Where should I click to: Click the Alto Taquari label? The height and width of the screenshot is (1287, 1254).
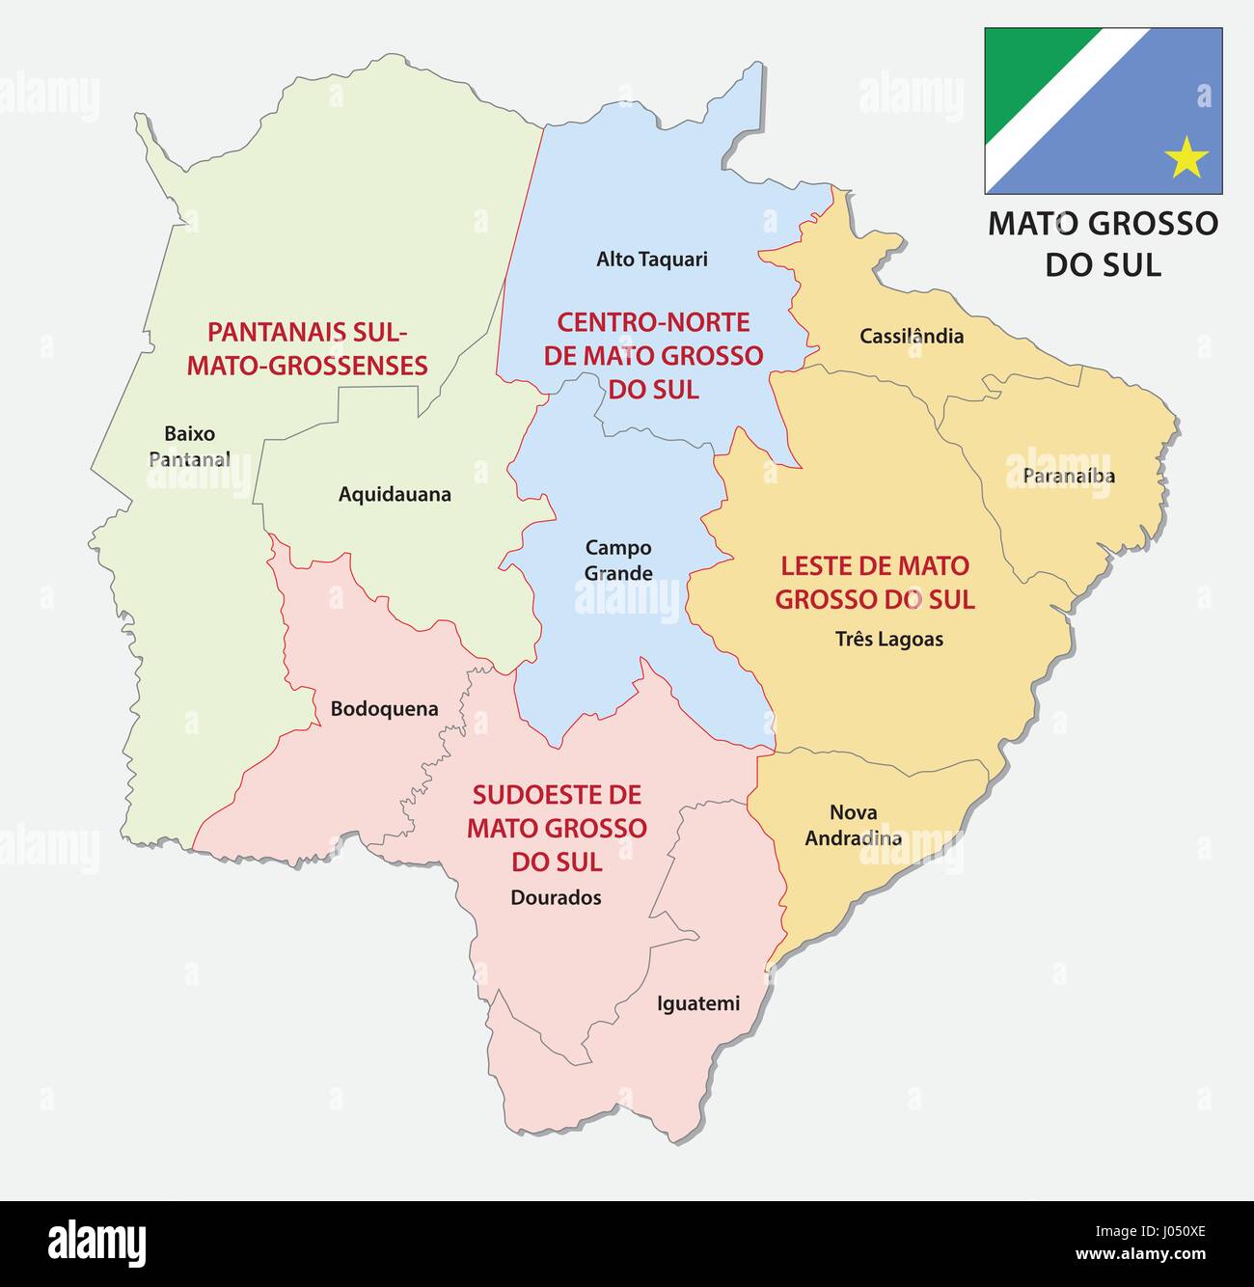(x=651, y=259)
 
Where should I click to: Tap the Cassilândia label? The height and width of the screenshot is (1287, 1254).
(x=912, y=336)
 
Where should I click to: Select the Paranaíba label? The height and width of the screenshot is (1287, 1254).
(x=1069, y=476)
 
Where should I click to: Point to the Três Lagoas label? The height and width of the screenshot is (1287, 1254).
(x=888, y=639)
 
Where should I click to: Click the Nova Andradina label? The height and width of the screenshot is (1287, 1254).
(x=853, y=825)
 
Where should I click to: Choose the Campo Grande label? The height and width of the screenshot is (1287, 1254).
(x=618, y=561)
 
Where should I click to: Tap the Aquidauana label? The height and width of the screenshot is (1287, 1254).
(x=395, y=494)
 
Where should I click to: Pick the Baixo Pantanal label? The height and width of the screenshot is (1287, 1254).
(x=189, y=447)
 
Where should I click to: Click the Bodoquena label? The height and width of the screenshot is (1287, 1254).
(x=384, y=708)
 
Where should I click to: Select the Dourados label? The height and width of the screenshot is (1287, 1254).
(x=556, y=897)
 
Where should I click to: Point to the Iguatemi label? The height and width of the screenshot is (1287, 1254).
(x=698, y=1003)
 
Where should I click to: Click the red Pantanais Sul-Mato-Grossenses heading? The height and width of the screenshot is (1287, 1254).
(x=307, y=348)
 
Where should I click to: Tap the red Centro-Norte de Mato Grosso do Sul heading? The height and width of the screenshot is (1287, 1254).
(x=653, y=355)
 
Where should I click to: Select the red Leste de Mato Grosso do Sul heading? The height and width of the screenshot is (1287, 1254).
(x=875, y=582)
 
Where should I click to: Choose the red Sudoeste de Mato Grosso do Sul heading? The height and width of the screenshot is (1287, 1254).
(x=557, y=828)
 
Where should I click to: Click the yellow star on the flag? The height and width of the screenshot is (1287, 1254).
(x=1186, y=157)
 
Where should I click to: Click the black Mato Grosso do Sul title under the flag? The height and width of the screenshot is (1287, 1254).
(x=1103, y=242)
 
